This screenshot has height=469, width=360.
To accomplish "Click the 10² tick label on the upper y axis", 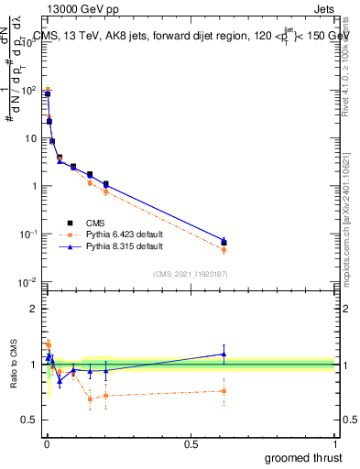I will pyautogui.click(x=28, y=90).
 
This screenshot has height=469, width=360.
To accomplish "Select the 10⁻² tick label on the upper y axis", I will pyautogui.click(x=28, y=281).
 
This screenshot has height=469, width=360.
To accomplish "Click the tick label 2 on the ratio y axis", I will pyautogui.click(x=34, y=309).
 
